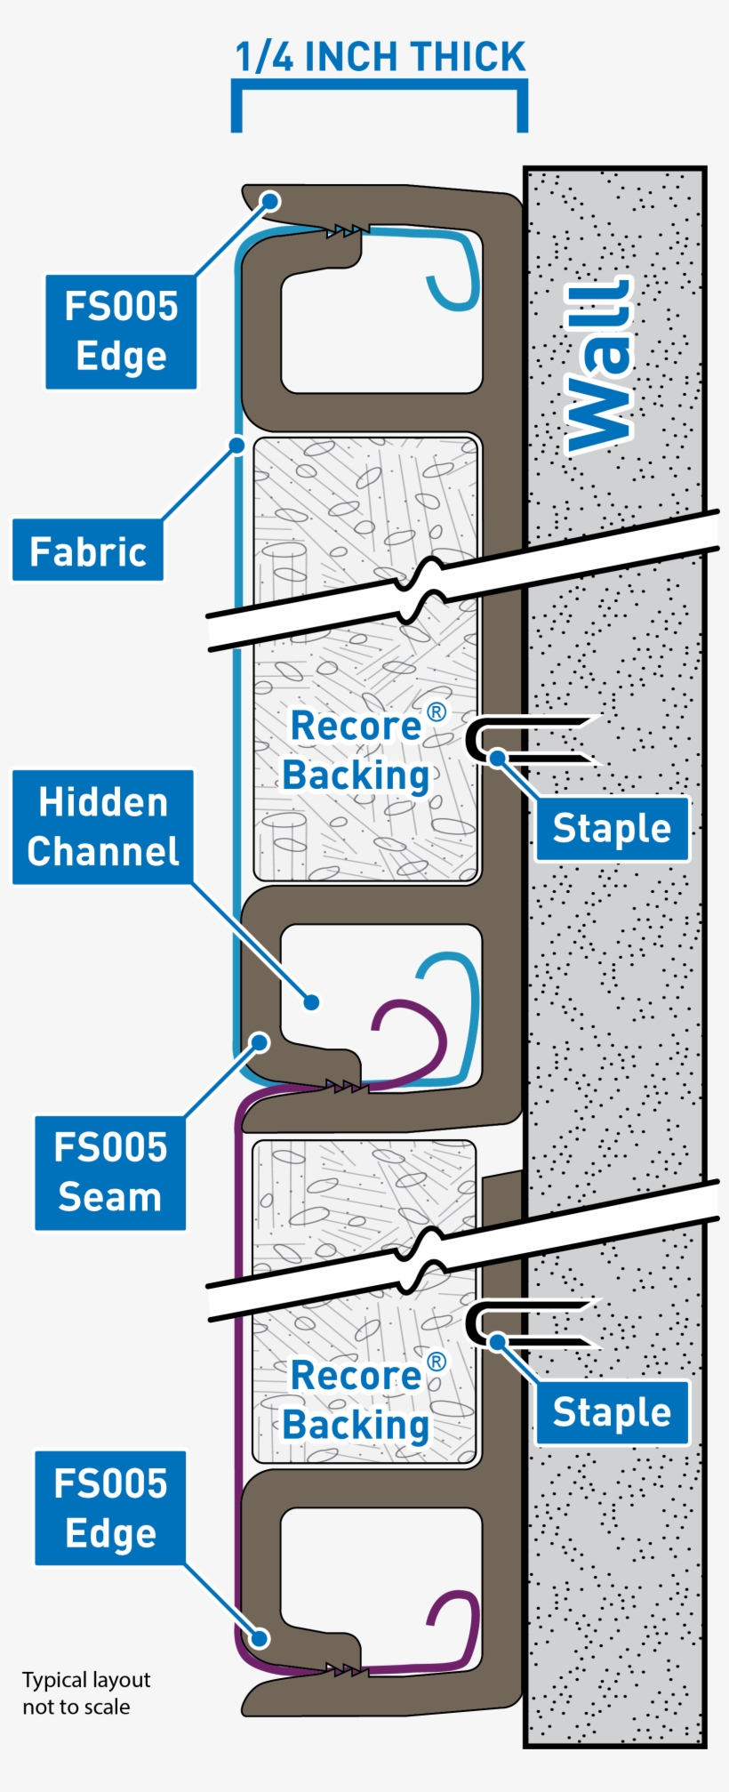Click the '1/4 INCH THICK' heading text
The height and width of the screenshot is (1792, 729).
tap(380, 57)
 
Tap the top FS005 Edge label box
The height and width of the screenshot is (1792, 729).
tap(121, 332)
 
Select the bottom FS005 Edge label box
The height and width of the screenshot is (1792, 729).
tap(110, 1508)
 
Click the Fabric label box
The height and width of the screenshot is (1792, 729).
tap(88, 551)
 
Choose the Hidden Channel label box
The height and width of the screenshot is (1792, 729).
tap(103, 827)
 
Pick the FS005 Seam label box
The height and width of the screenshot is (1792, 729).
tap(110, 1173)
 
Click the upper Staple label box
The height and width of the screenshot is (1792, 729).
tap(612, 829)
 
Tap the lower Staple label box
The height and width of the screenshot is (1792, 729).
tap(612, 1412)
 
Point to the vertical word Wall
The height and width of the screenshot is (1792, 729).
tap(600, 367)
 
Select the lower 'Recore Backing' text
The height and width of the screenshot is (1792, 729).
tap(357, 1401)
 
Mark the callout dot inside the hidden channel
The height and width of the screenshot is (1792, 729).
tap(311, 1002)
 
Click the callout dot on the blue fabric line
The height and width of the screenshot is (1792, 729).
tap(236, 444)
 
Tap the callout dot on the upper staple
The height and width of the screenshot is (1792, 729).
tap(498, 758)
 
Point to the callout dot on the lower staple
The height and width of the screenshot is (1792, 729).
tap(498, 1341)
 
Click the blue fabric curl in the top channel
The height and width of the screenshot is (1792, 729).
tap(455, 285)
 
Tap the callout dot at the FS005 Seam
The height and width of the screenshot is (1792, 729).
tap(260, 1041)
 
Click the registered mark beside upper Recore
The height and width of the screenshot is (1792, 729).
tap(436, 711)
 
